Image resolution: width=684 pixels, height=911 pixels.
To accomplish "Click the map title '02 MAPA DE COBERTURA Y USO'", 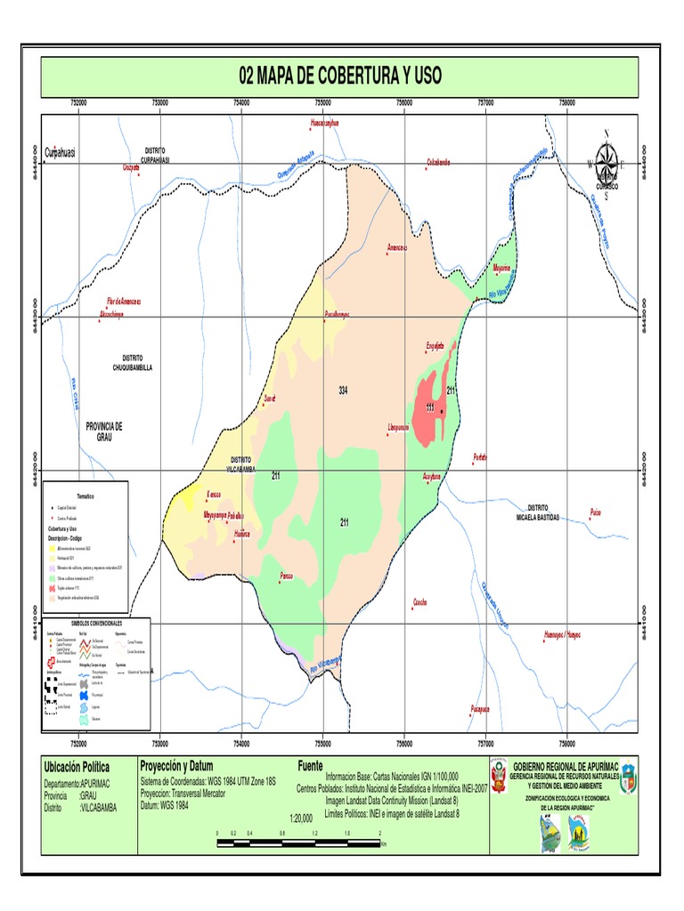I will (x=340, y=77).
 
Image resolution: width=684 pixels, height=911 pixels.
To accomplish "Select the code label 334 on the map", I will (x=343, y=391).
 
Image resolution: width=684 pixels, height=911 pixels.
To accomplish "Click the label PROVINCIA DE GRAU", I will (x=103, y=431).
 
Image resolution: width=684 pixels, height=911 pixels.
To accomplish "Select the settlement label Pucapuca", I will (x=480, y=708).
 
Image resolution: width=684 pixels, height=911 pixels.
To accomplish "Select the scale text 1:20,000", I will (x=301, y=816).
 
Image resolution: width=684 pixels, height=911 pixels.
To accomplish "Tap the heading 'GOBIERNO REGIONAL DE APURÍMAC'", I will (x=562, y=765).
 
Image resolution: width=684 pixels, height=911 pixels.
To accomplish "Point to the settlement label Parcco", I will (x=286, y=576).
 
